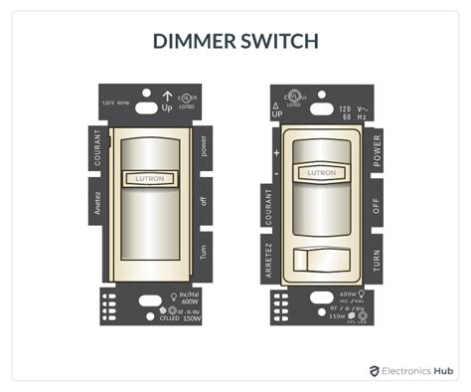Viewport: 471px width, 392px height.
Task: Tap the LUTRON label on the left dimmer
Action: [150, 178]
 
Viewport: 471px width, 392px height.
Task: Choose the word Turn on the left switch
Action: [204, 252]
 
